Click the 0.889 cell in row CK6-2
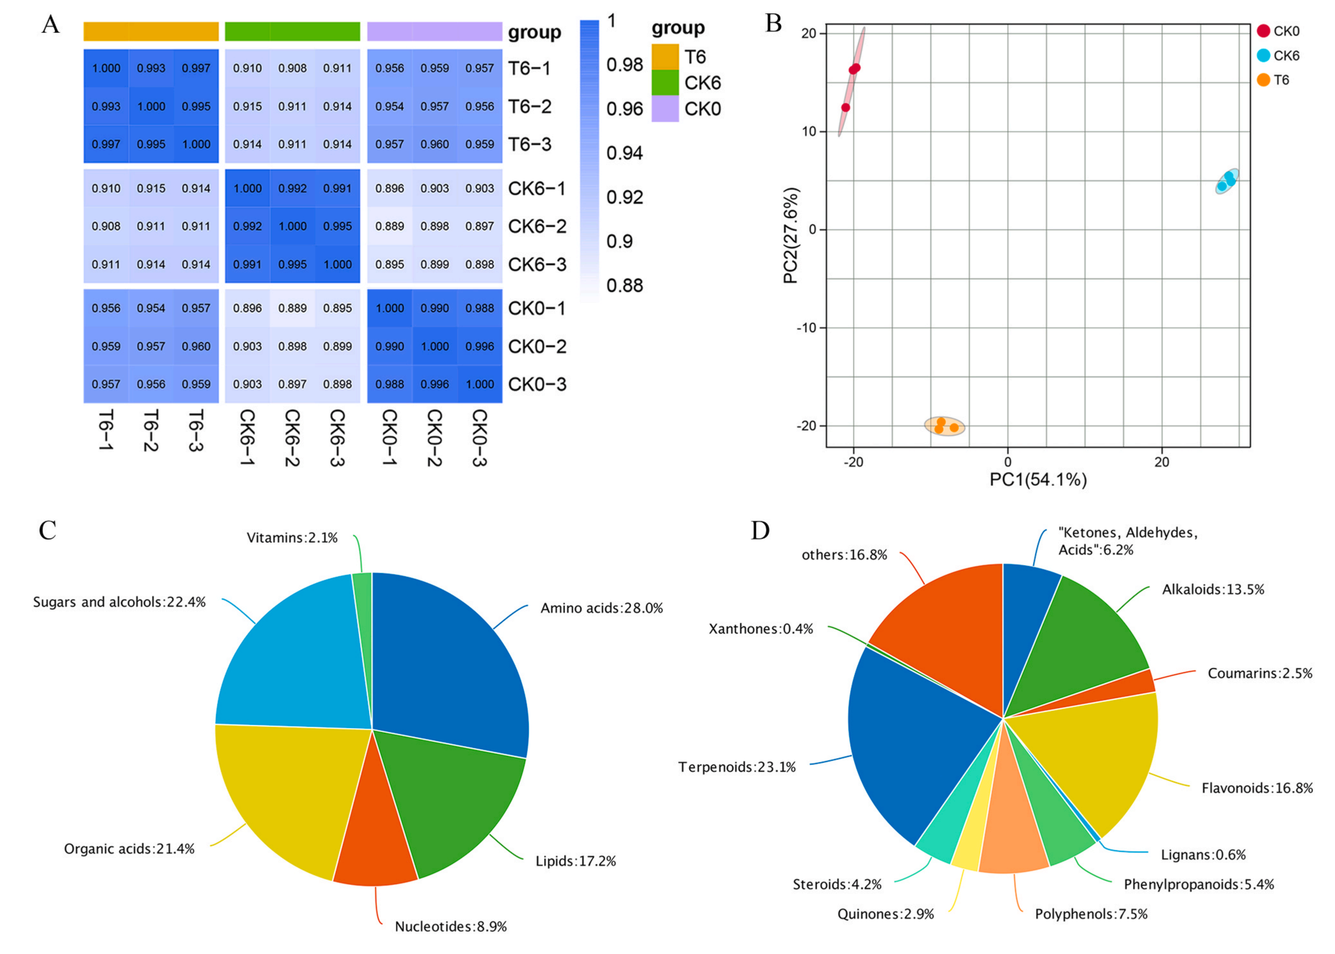click(x=390, y=226)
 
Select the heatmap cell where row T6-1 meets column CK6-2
click(x=292, y=68)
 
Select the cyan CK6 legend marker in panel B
click(x=1263, y=56)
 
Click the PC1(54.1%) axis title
click(x=1038, y=480)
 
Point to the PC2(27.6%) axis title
click(x=791, y=235)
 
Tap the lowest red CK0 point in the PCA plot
click(x=846, y=107)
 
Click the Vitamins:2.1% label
click(x=292, y=538)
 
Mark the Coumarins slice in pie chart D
click(x=1137, y=684)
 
